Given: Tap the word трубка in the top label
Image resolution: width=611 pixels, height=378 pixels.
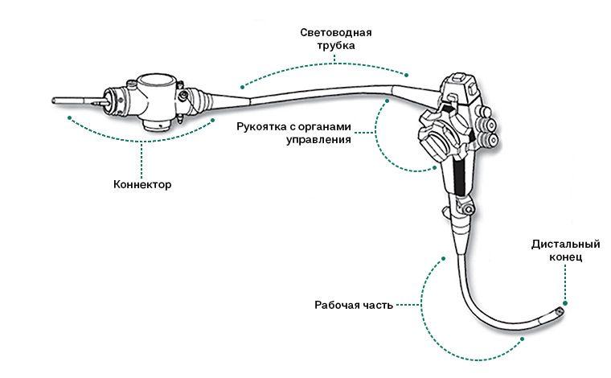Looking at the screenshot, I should click(335, 47).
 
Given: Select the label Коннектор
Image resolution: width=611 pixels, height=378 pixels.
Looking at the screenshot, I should click(142, 184).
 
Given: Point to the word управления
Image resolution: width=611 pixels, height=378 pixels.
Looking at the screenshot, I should click(320, 139).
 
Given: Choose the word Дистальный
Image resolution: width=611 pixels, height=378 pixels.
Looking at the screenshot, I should click(567, 244).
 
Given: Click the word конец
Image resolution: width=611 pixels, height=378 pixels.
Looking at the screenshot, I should click(567, 257).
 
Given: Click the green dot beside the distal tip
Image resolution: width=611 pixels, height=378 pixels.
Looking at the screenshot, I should click(565, 303).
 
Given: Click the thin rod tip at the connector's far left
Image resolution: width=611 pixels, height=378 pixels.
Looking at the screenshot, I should click(55, 101).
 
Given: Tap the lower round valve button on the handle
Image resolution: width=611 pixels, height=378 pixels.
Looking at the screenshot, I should click(490, 140).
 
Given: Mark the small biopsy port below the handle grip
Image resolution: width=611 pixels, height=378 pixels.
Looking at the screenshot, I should click(445, 214).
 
